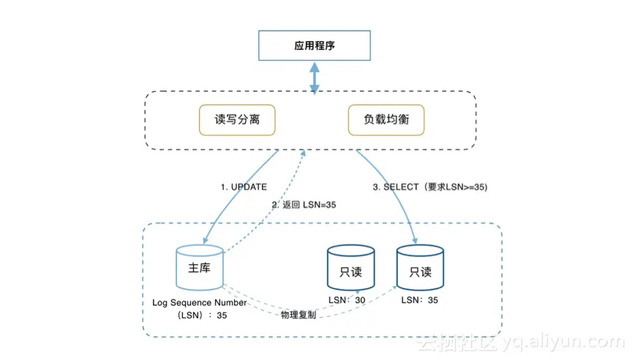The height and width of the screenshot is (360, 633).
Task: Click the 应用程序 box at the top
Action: (x=315, y=47)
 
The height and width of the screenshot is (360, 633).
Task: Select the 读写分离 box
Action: (x=237, y=120)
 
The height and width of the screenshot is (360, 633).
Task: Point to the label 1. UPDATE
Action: (x=244, y=187)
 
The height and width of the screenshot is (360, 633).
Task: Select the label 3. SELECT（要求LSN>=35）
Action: (x=430, y=187)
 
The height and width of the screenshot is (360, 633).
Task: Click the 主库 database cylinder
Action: (x=200, y=268)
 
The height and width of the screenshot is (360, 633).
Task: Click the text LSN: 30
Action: (x=347, y=300)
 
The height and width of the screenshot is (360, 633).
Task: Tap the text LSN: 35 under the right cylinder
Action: (x=419, y=300)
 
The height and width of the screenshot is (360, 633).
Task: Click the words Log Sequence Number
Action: (x=199, y=302)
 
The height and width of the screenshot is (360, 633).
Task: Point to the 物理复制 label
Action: (x=299, y=315)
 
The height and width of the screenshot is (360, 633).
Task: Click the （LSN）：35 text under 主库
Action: (x=199, y=316)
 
